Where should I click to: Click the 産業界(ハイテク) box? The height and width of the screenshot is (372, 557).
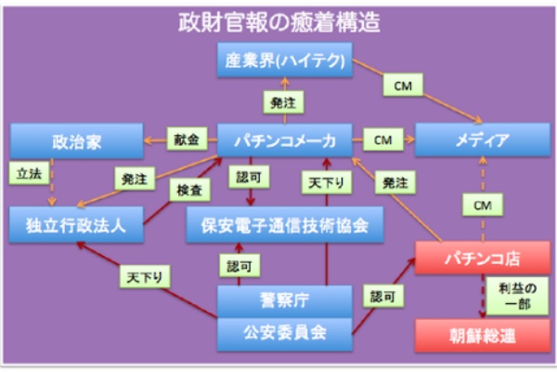pyautogui.click(x=286, y=60)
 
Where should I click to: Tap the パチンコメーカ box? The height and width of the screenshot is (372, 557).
pyautogui.click(x=286, y=140)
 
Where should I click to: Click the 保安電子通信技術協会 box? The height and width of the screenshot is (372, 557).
pyautogui.click(x=285, y=225)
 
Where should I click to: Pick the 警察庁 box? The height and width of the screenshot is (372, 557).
pyautogui.click(x=285, y=299)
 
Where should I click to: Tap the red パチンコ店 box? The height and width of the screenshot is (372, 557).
pyautogui.click(x=478, y=254)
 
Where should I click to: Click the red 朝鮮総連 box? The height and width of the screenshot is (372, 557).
pyautogui.click(x=478, y=333)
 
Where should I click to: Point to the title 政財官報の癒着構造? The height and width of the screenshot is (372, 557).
pyautogui.click(x=278, y=20)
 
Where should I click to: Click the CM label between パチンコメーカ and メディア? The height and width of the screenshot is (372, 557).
pyautogui.click(x=382, y=140)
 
